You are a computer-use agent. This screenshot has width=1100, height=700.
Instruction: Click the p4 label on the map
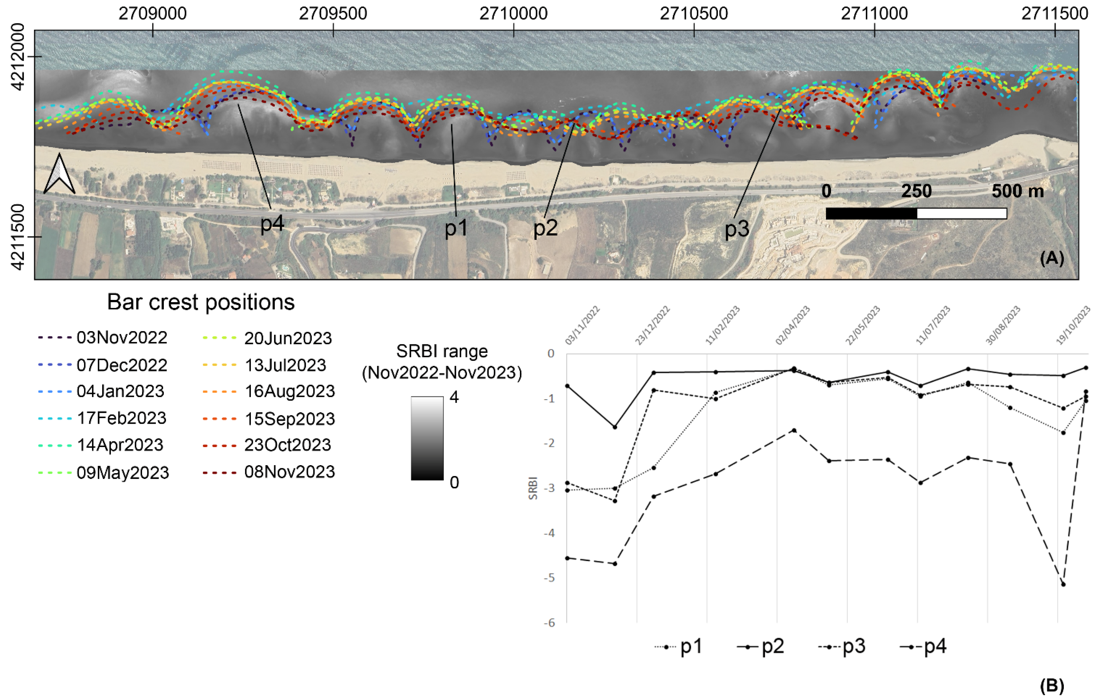pyautogui.click(x=272, y=224)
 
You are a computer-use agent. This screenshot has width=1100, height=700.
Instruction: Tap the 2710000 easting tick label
pyautogui.click(x=513, y=14)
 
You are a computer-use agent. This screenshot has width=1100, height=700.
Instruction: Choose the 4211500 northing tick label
pyautogui.click(x=17, y=237)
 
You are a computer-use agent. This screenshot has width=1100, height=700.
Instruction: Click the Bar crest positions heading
pyautogui.click(x=201, y=302)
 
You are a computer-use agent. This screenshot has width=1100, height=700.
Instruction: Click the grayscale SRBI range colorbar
pyautogui.click(x=427, y=438)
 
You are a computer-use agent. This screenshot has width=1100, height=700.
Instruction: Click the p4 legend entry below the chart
pyautogui.click(x=923, y=647)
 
